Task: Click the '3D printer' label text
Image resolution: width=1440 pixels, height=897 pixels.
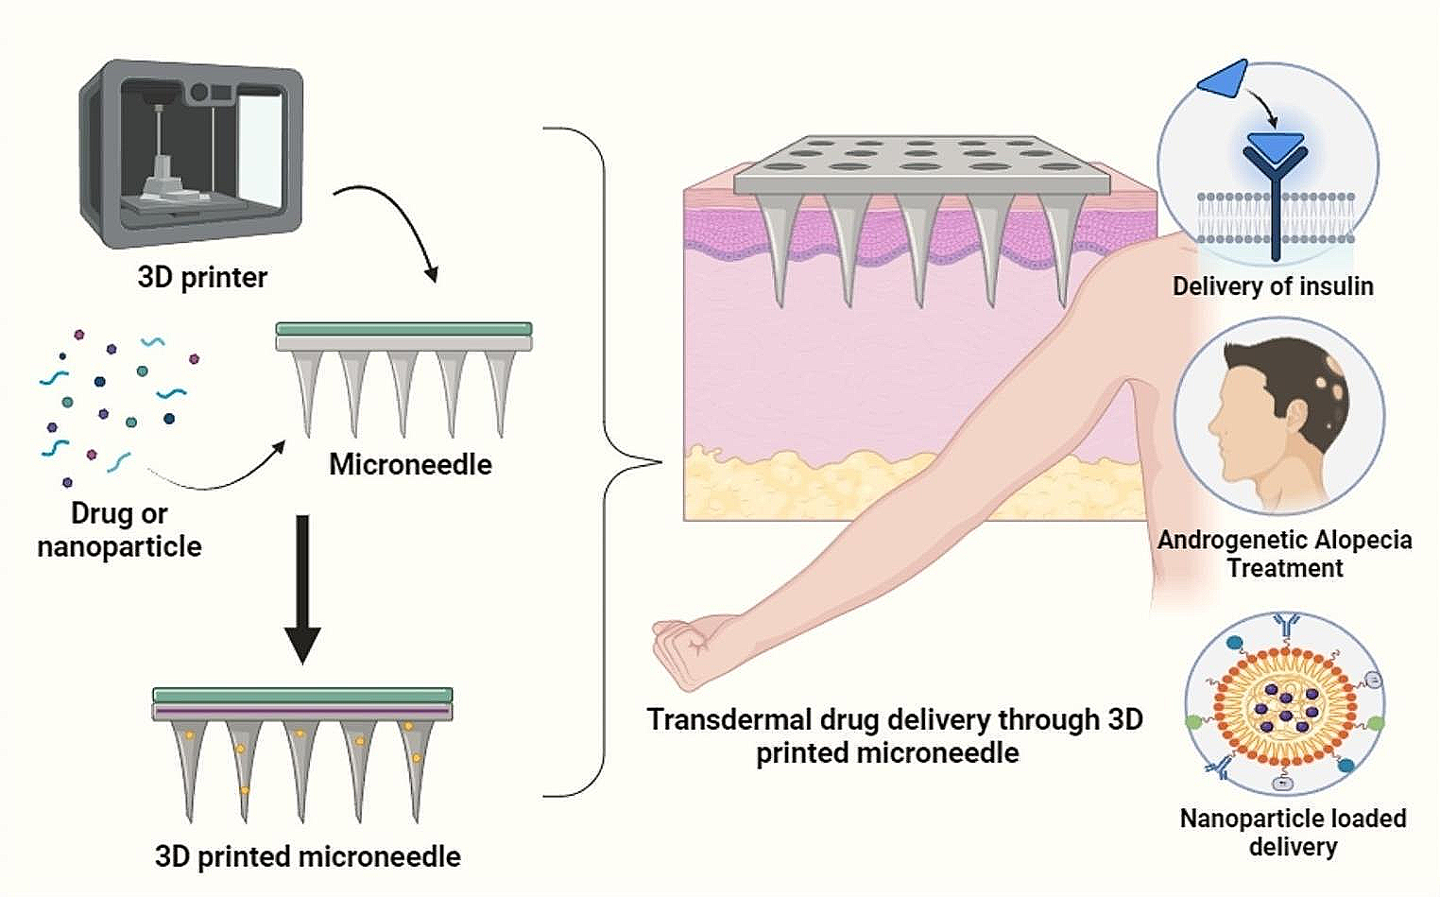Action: (202, 277)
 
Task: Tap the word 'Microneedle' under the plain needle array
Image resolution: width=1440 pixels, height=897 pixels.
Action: (410, 464)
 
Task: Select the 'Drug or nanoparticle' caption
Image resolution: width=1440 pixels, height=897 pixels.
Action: (119, 529)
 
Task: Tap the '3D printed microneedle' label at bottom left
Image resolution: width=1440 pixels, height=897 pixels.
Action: (308, 856)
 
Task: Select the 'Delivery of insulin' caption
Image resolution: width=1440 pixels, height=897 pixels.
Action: (1272, 285)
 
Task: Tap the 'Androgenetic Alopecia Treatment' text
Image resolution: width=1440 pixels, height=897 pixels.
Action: (1284, 553)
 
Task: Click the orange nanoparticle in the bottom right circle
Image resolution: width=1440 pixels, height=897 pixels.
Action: (1286, 708)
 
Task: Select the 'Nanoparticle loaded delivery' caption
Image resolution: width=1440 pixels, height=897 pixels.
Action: (1293, 832)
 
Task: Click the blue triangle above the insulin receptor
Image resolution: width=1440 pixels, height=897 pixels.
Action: (1225, 79)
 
